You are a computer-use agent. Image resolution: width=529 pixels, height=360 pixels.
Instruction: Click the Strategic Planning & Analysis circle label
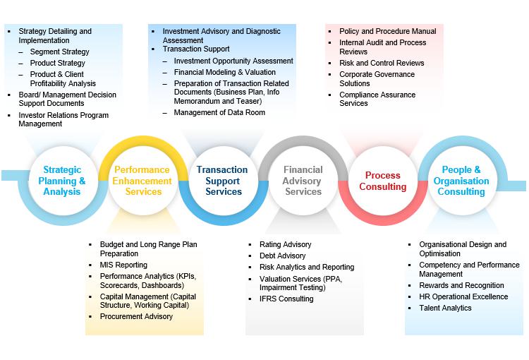click(62, 181)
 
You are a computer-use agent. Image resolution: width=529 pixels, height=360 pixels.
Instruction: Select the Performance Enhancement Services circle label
click(142, 181)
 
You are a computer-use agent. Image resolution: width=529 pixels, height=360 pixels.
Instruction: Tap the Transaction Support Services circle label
click(222, 181)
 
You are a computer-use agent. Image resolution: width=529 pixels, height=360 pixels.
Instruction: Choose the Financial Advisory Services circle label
click(303, 181)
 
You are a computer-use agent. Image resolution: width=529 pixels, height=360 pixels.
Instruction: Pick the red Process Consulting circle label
click(383, 181)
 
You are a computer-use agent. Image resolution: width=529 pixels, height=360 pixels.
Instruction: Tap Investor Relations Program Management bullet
click(63, 119)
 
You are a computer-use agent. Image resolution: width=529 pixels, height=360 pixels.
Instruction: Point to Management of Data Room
click(219, 112)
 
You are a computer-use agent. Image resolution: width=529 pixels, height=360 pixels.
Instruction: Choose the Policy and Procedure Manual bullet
click(387, 31)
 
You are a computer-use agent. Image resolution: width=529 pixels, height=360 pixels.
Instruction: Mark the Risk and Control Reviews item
click(382, 63)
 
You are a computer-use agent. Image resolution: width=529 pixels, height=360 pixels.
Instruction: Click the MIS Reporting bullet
click(123, 265)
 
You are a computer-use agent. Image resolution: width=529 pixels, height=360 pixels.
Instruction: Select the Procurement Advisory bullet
click(136, 317)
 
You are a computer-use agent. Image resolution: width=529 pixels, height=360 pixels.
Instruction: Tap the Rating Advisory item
click(285, 244)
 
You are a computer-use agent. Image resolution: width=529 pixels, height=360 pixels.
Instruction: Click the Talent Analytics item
click(445, 308)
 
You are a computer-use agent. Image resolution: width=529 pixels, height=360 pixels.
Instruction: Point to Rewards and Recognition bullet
click(461, 286)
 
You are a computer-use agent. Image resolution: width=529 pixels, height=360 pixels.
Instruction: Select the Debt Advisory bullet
click(282, 256)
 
